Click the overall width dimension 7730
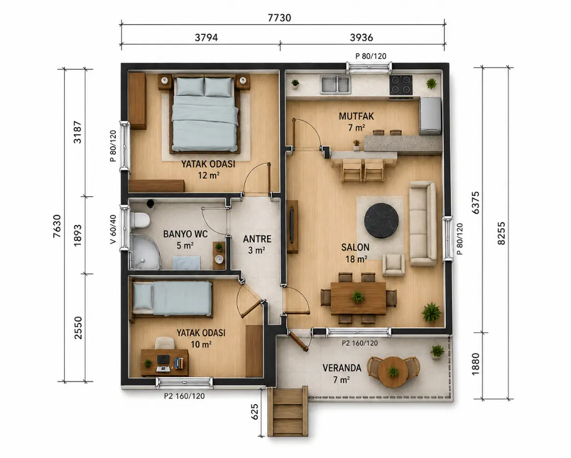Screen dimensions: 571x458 pyautogui.click(x=279, y=18)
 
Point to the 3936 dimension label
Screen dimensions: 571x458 pyautogui.click(x=361, y=37)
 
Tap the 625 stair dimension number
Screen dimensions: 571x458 pyautogui.click(x=255, y=412)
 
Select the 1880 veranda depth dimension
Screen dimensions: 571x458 pyautogui.click(x=476, y=364)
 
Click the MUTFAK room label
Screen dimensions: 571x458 pyautogui.click(x=356, y=116)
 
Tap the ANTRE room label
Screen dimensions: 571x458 pyautogui.click(x=257, y=239)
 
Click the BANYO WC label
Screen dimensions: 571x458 pyautogui.click(x=185, y=234)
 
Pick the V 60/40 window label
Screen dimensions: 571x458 pyautogui.click(x=113, y=229)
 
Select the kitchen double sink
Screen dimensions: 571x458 pyautogui.click(x=335, y=84)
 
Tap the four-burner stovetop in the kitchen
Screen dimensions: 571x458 pyautogui.click(x=400, y=85)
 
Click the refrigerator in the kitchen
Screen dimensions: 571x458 pyautogui.click(x=430, y=116)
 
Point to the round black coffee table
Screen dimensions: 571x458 pyautogui.click(x=381, y=220)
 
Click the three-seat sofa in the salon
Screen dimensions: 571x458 pyautogui.click(x=422, y=224)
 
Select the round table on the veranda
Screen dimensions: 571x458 pyautogui.click(x=393, y=372)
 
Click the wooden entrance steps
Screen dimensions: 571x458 pyautogui.click(x=287, y=412)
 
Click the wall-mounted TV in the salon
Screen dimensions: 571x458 pyautogui.click(x=292, y=226)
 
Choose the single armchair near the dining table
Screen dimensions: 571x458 pyautogui.click(x=393, y=265)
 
